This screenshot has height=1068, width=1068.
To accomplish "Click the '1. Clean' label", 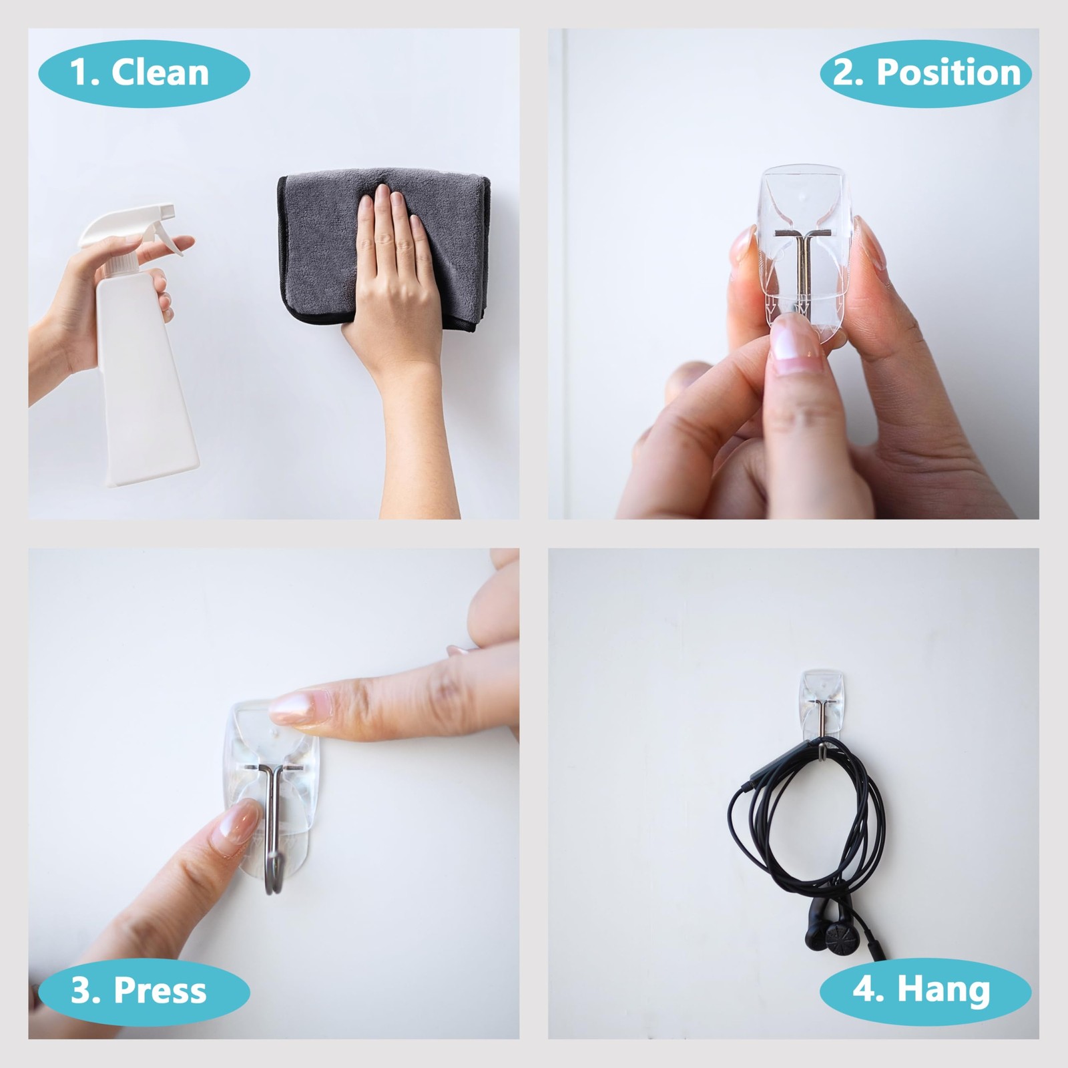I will [x=144, y=73].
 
